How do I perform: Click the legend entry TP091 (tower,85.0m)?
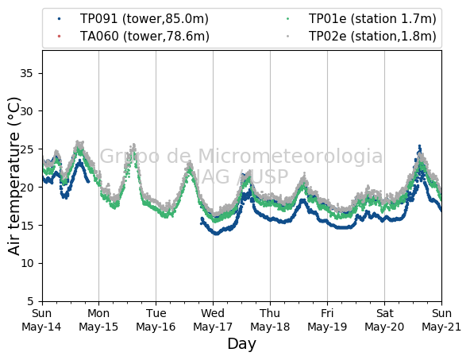click(144, 19)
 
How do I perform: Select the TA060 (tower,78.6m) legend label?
click(144, 37)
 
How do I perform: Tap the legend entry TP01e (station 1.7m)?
click(372, 19)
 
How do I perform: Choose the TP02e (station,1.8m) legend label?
click(372, 37)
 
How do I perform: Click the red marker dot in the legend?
click(59, 37)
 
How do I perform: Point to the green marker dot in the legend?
click(287, 19)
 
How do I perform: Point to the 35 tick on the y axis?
click(26, 73)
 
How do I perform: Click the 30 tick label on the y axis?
click(26, 111)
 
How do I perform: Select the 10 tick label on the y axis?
click(26, 263)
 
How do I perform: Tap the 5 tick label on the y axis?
click(30, 301)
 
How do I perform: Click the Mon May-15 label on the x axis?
click(98, 320)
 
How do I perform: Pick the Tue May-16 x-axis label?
click(156, 320)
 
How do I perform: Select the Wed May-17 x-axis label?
click(213, 320)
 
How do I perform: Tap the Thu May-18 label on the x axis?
click(270, 320)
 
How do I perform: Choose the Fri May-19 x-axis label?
click(327, 320)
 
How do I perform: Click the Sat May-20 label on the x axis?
click(384, 320)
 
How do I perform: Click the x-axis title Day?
click(242, 344)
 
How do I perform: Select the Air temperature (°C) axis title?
click(13, 176)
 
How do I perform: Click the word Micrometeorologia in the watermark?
click(290, 157)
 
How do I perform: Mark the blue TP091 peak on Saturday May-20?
click(420, 147)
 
